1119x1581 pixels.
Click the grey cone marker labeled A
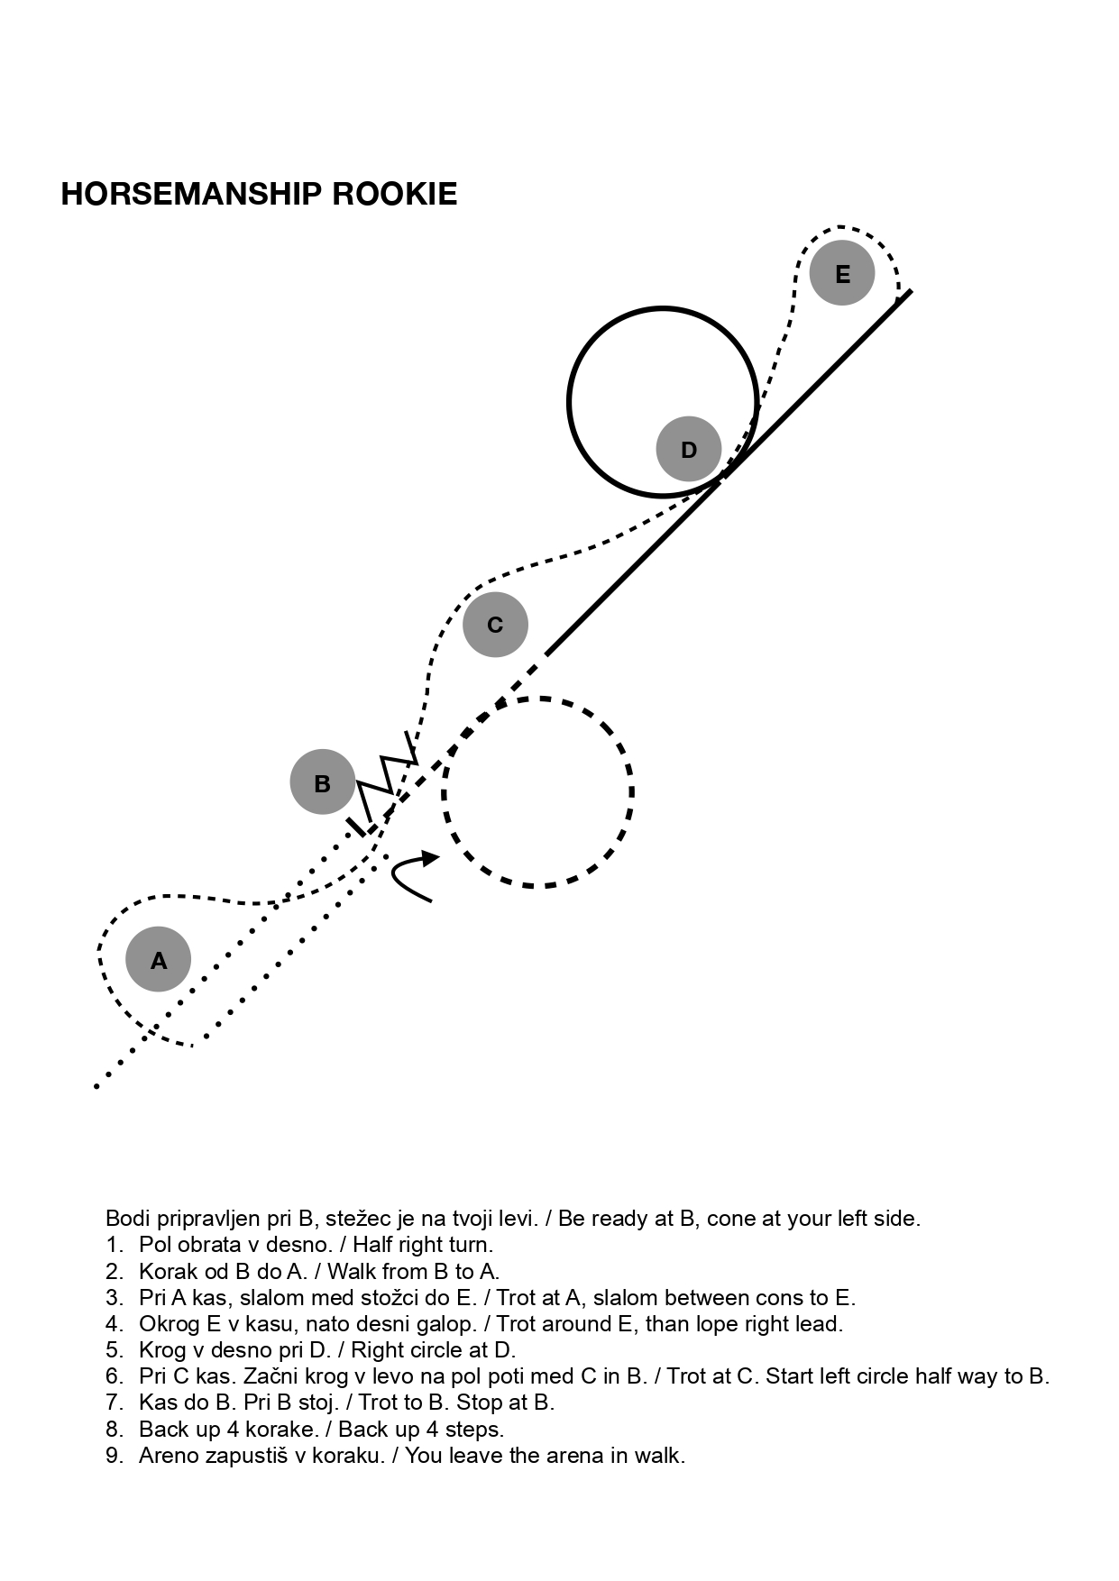pos(159,959)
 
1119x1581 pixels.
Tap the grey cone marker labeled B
pos(323,782)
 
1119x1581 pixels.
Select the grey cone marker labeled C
pos(495,624)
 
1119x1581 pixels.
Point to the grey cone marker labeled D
pos(689,449)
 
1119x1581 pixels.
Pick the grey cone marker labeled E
pos(842,273)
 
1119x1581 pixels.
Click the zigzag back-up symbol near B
pos(386,781)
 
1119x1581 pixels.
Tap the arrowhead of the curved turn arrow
pos(429,857)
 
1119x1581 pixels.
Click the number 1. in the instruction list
pos(114,1245)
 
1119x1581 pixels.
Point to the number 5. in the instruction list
pos(114,1349)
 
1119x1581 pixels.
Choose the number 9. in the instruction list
pos(114,1455)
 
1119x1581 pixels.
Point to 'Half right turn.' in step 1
pos(423,1245)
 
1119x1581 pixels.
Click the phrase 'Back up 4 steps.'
pos(421,1430)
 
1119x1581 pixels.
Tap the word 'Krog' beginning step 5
pos(161,1350)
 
